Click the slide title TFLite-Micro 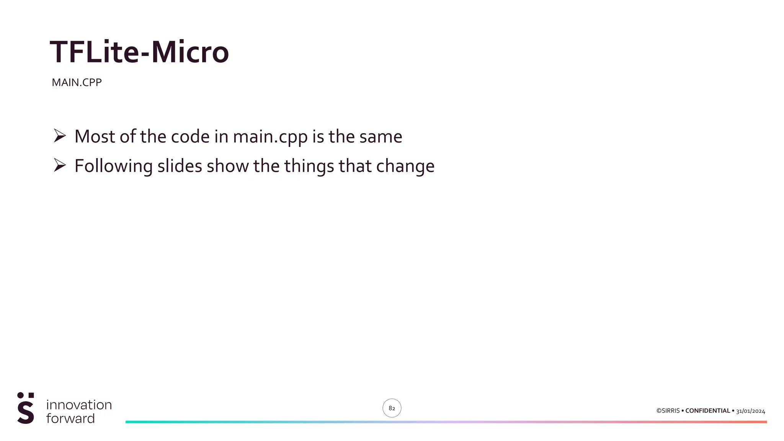pos(139,52)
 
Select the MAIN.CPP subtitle pos(77,83)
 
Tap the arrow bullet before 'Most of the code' pos(60,136)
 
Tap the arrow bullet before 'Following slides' pos(60,165)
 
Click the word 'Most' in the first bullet pos(95,137)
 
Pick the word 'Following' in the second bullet pos(113,167)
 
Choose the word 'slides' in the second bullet pos(180,166)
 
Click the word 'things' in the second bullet pos(309,167)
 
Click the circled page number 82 pos(392,408)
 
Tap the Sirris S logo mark pos(26,408)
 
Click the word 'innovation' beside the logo pos(79,405)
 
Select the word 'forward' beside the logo pos(70,418)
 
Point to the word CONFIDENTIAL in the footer pos(707,411)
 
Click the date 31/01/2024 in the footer pos(750,411)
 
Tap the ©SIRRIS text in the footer pos(668,411)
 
